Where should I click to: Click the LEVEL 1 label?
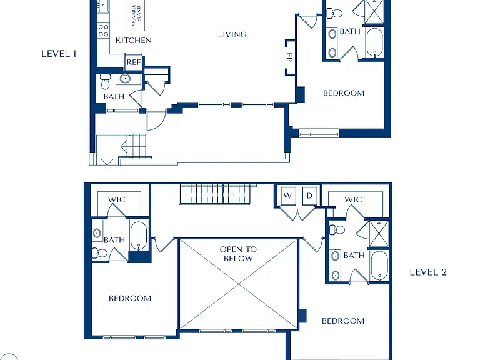(59, 54)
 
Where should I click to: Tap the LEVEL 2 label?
(428, 272)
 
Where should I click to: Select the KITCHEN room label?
(134, 41)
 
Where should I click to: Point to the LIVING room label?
(232, 34)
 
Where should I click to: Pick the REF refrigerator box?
(134, 62)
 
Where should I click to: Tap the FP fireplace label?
(289, 57)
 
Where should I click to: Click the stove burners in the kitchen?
(104, 31)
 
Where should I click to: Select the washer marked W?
(288, 196)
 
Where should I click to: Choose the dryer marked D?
(309, 196)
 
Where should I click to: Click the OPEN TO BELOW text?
(238, 254)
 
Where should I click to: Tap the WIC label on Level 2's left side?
(117, 200)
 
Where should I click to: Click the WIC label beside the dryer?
(353, 200)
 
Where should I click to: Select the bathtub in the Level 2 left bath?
(139, 236)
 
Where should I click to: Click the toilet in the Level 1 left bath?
(105, 81)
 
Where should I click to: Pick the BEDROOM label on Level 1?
(344, 93)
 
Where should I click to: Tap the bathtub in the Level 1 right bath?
(374, 42)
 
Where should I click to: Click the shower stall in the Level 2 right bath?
(379, 234)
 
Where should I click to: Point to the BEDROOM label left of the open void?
(130, 299)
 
